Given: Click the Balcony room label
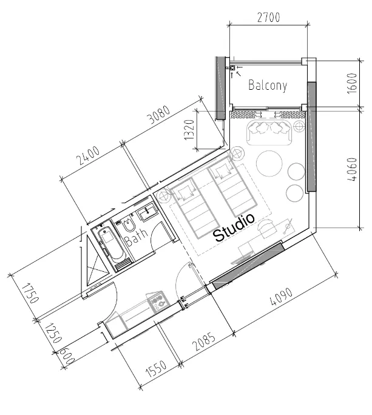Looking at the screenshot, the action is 268,85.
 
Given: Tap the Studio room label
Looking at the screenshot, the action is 234,228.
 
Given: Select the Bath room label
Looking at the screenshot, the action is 136,237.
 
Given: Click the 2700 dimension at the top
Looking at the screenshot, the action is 268,18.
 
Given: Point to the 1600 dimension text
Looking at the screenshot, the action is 352,83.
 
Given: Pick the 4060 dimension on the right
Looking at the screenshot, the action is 352,169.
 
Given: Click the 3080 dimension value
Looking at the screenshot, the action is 159,115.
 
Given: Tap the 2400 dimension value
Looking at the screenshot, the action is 88,155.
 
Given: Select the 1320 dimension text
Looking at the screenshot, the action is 189,130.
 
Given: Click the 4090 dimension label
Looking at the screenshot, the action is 281,297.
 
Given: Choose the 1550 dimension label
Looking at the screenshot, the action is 157,368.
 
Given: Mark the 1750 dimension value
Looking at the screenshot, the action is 31,293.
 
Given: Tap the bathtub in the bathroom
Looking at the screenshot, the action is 110,245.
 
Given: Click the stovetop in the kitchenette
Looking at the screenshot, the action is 158,302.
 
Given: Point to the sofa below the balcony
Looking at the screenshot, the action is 269,132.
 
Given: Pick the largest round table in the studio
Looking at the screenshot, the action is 269,163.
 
